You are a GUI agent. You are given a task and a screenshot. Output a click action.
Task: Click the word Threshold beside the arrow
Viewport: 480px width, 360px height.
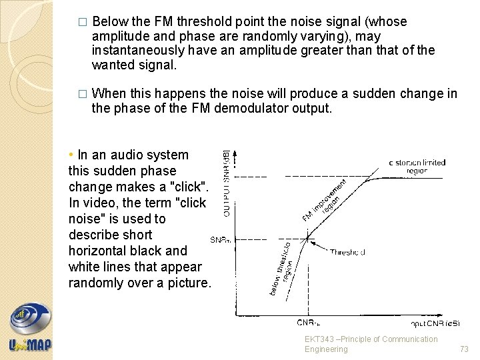[347, 252]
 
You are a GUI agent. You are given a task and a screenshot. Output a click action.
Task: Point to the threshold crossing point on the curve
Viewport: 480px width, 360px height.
[307, 239]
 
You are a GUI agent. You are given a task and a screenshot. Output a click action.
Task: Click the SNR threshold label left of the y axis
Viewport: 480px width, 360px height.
[220, 239]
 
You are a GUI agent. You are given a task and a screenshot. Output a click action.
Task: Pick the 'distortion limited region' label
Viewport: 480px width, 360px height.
[418, 166]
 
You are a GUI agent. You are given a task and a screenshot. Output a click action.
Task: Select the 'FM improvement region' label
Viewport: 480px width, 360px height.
[325, 200]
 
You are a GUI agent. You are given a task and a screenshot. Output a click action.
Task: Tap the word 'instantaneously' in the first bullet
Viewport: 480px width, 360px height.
[133, 51]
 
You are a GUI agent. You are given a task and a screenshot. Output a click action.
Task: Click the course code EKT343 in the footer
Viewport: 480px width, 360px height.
[321, 339]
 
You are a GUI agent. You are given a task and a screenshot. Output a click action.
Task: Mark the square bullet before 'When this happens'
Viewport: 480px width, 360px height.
[82, 94]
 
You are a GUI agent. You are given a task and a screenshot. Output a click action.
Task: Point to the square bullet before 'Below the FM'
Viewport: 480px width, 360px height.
[82, 22]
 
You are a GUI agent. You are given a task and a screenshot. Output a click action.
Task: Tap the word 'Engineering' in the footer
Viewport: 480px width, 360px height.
[325, 349]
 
